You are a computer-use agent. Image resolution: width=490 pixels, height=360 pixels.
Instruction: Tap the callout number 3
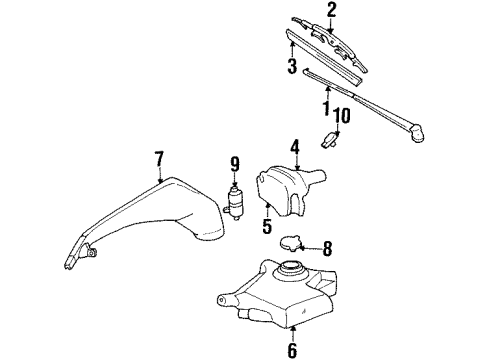[x=293, y=68]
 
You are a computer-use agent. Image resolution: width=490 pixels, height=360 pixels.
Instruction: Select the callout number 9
[x=236, y=163]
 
